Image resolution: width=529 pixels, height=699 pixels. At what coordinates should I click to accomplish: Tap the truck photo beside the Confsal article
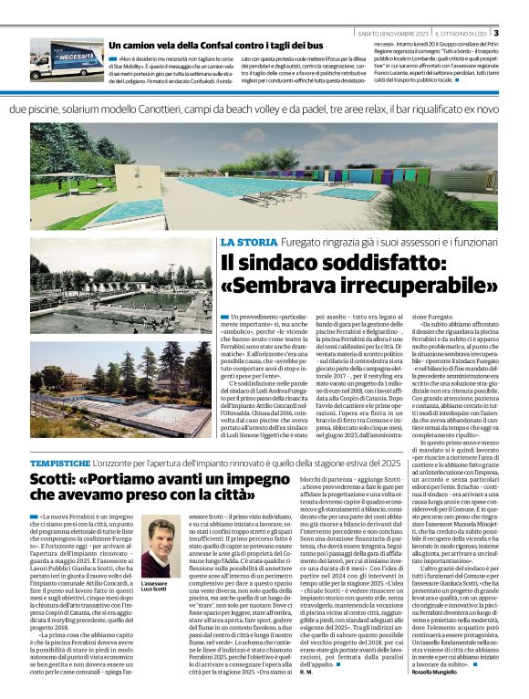pos(66,59)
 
